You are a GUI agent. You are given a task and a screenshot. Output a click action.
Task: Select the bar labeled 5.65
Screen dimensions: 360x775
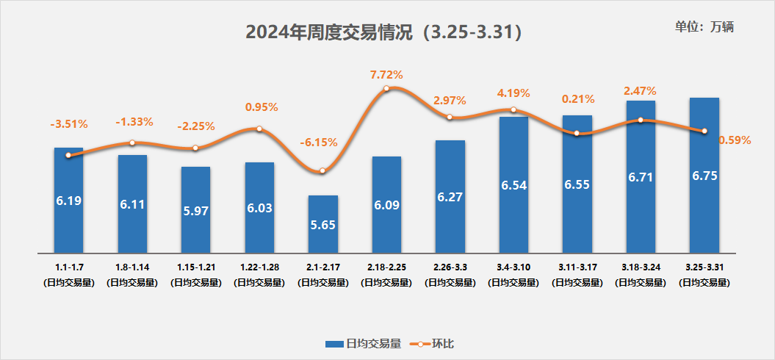click(x=323, y=224)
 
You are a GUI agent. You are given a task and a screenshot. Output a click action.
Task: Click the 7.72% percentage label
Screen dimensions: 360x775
click(x=386, y=75)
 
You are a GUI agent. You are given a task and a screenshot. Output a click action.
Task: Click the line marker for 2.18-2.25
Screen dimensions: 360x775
click(x=386, y=89)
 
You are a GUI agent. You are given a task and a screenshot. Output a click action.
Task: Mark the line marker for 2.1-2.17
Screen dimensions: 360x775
click(x=322, y=171)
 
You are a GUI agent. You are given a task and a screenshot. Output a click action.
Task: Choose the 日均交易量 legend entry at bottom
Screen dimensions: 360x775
click(x=363, y=343)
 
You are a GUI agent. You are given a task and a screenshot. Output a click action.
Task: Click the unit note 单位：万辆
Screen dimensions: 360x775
click(x=704, y=26)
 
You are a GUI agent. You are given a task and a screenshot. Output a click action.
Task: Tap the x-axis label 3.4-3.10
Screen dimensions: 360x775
click(x=513, y=267)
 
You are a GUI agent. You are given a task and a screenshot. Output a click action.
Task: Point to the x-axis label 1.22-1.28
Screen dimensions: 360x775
click(x=259, y=267)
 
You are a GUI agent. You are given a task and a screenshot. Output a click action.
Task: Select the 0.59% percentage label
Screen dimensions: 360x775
click(x=735, y=140)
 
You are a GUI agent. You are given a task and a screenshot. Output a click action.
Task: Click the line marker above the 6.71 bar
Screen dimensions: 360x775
click(x=641, y=120)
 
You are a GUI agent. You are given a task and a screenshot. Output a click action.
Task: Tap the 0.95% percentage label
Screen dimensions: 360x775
click(x=261, y=107)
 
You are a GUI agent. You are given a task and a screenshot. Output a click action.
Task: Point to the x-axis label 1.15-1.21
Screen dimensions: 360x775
click(x=195, y=267)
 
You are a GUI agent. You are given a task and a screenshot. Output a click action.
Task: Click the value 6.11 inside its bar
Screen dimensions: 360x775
click(x=132, y=204)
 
